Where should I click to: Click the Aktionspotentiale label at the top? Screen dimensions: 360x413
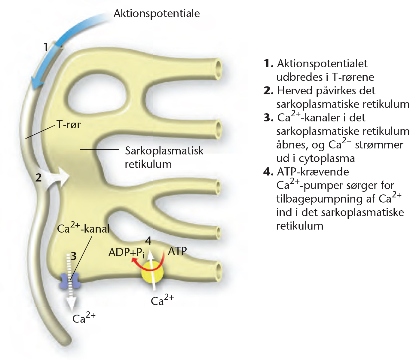(157, 13)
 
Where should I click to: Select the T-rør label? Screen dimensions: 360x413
(69, 124)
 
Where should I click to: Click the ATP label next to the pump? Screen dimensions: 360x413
(177, 251)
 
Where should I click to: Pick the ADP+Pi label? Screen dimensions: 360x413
(126, 252)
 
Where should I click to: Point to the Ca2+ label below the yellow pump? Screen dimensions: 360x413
(162, 300)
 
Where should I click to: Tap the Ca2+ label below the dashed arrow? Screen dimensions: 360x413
(84, 318)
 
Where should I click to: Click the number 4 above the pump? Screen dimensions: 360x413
(148, 241)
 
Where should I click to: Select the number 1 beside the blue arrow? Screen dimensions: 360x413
(46, 47)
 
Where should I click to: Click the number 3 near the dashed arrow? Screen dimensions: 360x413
(73, 256)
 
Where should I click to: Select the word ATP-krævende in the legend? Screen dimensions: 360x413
(313, 172)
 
